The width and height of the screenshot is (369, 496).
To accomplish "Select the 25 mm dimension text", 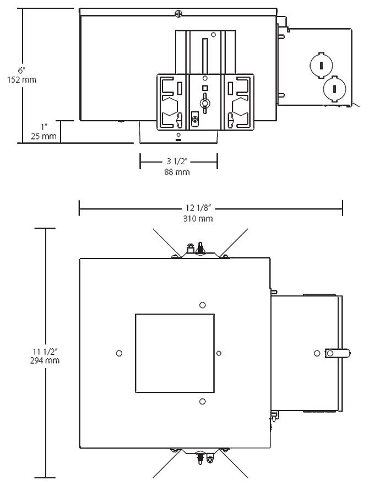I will point(46,136).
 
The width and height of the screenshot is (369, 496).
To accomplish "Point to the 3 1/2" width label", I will point(178,162).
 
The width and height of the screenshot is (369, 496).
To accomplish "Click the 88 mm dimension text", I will point(178,172).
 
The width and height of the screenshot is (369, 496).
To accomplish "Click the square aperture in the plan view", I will point(175,353).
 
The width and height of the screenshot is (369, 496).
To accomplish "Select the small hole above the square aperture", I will point(203,305).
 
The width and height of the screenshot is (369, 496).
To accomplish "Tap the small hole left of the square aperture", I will point(119,353).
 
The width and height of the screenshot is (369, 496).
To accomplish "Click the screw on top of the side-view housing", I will point(177,12).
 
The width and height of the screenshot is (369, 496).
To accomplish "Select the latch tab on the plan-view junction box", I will point(337,353).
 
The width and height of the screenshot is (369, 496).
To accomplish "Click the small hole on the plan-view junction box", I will point(316,353).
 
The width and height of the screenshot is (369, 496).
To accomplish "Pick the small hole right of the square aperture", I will point(219,353).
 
